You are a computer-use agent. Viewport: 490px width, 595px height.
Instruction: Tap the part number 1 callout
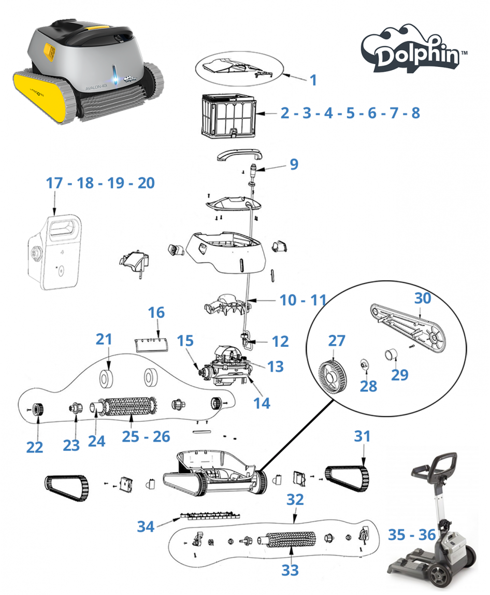point(313,80)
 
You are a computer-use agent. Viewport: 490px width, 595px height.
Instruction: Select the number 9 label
point(294,164)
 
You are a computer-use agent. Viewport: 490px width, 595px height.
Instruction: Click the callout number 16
point(156,313)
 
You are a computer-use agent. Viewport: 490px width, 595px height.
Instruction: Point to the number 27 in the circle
point(337,341)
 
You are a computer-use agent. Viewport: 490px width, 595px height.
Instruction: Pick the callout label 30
point(423,298)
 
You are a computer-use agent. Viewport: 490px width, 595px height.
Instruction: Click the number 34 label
point(146,526)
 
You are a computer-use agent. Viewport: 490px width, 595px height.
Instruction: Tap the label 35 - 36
point(411,535)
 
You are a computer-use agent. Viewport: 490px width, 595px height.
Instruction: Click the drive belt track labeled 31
point(347,479)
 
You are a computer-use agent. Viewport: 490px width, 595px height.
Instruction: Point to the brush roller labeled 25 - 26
point(129,406)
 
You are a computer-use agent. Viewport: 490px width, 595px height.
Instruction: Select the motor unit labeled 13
point(227,365)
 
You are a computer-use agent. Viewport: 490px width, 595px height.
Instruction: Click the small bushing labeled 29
point(391,355)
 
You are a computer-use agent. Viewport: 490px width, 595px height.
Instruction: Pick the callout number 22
point(35,447)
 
